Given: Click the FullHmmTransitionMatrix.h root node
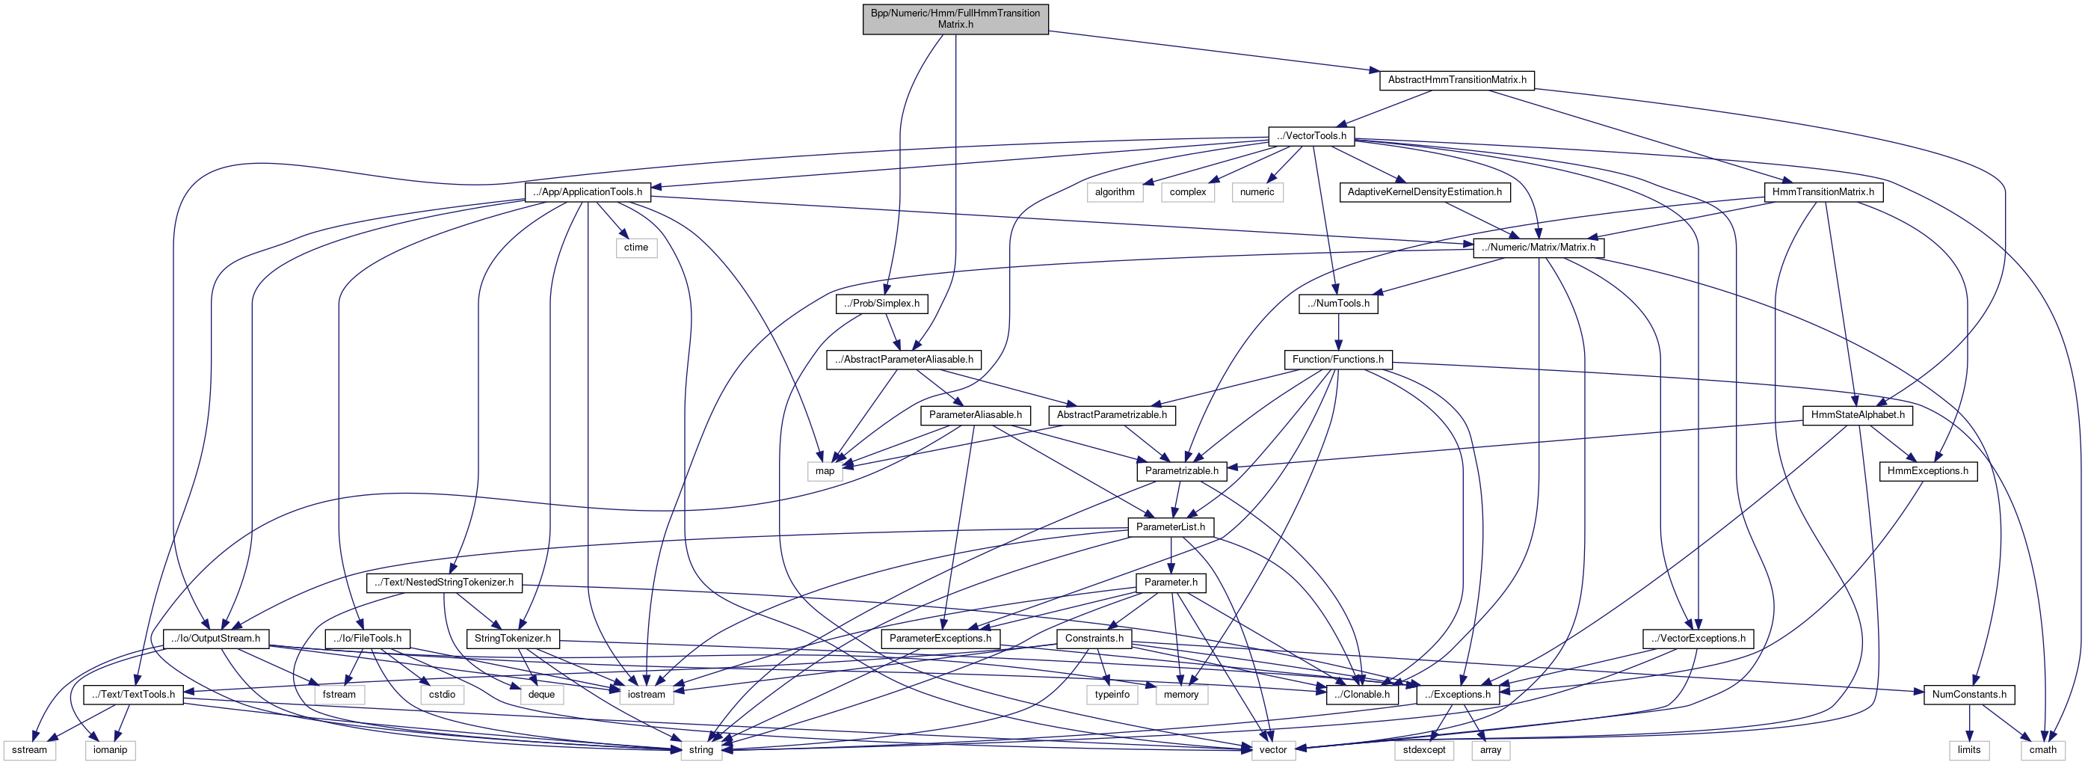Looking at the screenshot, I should [955, 19].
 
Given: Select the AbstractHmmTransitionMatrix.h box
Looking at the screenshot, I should [1457, 80].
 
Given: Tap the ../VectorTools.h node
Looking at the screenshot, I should [1311, 136].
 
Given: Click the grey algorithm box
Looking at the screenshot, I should [1115, 192].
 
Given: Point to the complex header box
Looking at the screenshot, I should [1187, 192].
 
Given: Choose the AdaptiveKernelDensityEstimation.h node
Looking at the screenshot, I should [1423, 192].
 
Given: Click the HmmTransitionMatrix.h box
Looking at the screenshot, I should [1823, 192].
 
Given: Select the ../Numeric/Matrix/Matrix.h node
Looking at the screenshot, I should [1538, 248].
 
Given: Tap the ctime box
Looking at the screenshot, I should [635, 248].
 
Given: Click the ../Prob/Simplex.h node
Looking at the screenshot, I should [881, 304].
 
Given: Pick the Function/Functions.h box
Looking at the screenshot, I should [1338, 360].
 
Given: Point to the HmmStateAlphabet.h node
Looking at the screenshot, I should [1858, 415].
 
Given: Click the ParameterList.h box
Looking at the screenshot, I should [1171, 527].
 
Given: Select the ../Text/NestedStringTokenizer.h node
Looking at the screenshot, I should [443, 583].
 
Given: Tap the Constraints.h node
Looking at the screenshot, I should [1094, 639].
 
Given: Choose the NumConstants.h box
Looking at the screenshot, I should [1968, 695].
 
